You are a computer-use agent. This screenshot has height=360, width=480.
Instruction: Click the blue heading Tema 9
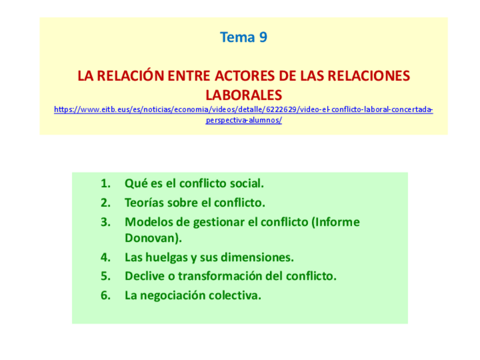243,38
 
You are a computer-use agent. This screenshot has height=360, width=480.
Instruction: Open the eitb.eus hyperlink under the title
243,110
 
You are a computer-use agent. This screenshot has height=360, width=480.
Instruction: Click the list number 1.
105,183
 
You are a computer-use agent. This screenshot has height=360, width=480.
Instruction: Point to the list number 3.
105,222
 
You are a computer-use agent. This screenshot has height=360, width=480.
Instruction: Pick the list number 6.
105,295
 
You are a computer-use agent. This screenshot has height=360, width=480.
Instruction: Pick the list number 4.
105,258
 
